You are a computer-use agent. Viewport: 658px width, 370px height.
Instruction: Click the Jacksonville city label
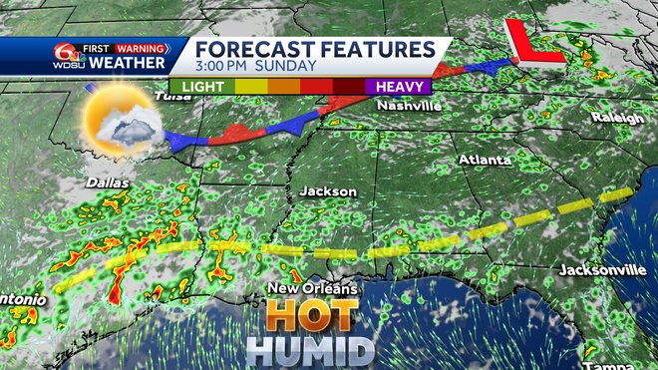pos(603,270)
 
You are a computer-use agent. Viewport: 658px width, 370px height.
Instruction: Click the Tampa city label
pos(633,360)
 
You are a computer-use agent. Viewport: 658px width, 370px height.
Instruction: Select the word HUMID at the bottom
pos(311,351)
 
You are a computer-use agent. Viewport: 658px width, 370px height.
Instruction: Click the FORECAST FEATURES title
pos(313,49)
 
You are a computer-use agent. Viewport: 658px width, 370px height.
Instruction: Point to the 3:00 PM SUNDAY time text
pos(255,67)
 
